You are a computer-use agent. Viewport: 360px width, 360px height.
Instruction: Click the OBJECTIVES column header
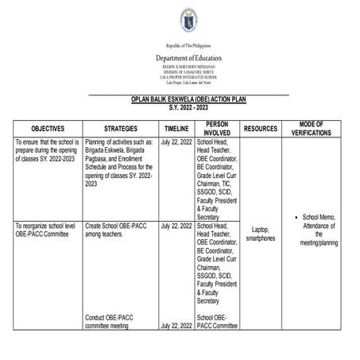(47, 128)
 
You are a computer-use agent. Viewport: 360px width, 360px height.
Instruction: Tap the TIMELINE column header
(176, 128)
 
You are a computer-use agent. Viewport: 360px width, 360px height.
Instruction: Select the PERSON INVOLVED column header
(216, 128)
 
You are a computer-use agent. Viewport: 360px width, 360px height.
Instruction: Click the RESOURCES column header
(261, 128)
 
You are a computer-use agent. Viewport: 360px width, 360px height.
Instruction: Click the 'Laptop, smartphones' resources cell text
(261, 232)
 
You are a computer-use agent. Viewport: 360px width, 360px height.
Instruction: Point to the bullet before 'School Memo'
(295, 215)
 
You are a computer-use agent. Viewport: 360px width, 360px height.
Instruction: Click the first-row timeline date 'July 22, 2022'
(176, 142)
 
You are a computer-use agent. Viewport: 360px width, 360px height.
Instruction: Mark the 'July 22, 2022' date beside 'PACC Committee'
(176, 326)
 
